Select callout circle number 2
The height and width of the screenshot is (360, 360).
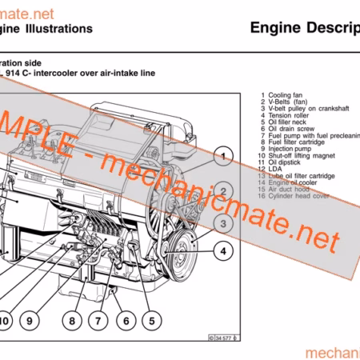[x=225, y=190]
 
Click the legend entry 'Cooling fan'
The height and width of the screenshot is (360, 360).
[x=284, y=95]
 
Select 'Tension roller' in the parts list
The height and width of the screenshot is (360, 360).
[x=290, y=114]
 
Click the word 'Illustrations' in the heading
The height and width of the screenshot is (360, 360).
[x=55, y=29]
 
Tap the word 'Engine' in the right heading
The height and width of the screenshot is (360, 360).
[x=274, y=29]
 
